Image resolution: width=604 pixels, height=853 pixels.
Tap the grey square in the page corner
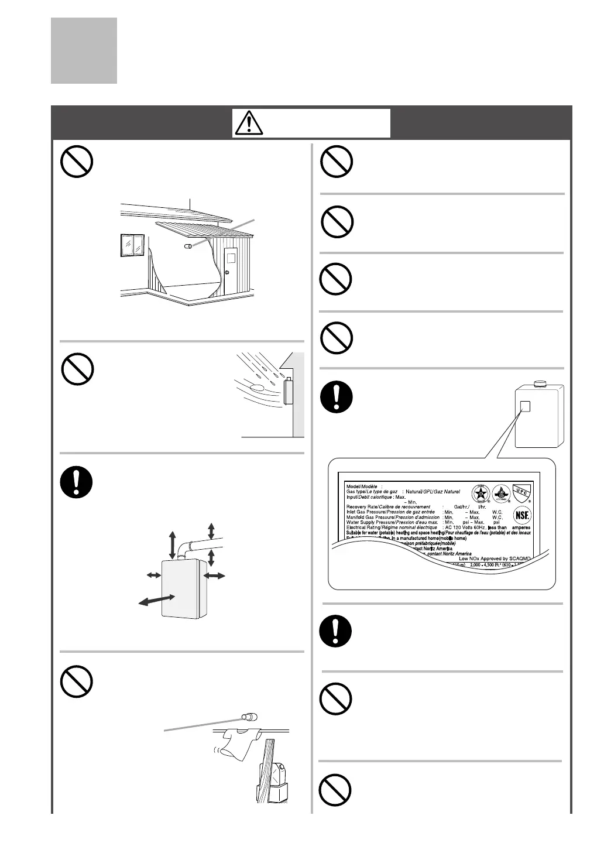click(x=84, y=50)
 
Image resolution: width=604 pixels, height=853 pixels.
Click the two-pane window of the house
click(x=132, y=245)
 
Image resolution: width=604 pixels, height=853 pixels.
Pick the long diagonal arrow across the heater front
click(x=157, y=601)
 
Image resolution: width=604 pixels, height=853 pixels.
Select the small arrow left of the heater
click(x=154, y=576)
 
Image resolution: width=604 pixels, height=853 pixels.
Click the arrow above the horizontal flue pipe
click(x=211, y=530)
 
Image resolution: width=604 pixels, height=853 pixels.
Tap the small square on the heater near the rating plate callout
click(x=525, y=406)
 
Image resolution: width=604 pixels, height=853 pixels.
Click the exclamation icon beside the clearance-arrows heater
click(x=76, y=485)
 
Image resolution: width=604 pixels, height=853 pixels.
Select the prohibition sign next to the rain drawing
click(x=78, y=371)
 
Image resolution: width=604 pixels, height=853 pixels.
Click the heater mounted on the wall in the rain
click(x=289, y=392)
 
